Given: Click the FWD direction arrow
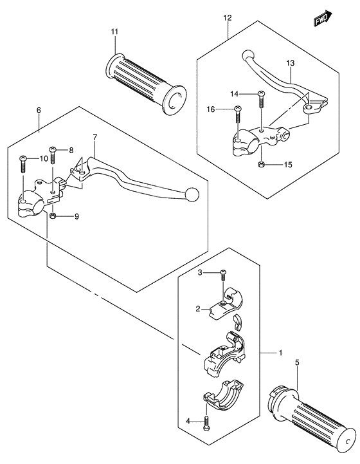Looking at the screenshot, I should tap(323, 19).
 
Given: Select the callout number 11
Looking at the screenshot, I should tap(114, 32).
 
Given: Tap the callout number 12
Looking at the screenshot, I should tap(227, 19).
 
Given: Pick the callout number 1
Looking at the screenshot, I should tap(280, 353).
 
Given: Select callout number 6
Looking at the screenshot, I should tap(39, 111).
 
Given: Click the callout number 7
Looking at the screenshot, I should tap(94, 137).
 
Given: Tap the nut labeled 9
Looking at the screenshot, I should tap(54, 216).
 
